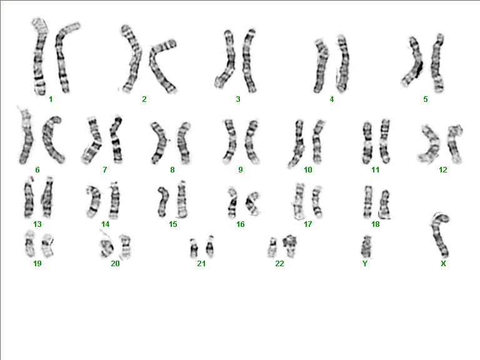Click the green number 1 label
coord(51,99)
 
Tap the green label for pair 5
coord(426,99)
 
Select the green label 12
coord(443,170)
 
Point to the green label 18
coord(376,224)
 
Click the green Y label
coord(365,264)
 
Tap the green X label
coord(443,264)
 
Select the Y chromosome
coord(366,246)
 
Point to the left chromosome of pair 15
coord(162,201)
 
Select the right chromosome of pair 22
coord(289,246)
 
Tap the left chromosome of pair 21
coord(194,248)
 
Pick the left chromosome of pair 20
coord(106,247)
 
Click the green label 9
coord(241,170)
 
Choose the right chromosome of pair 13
coord(47,197)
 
